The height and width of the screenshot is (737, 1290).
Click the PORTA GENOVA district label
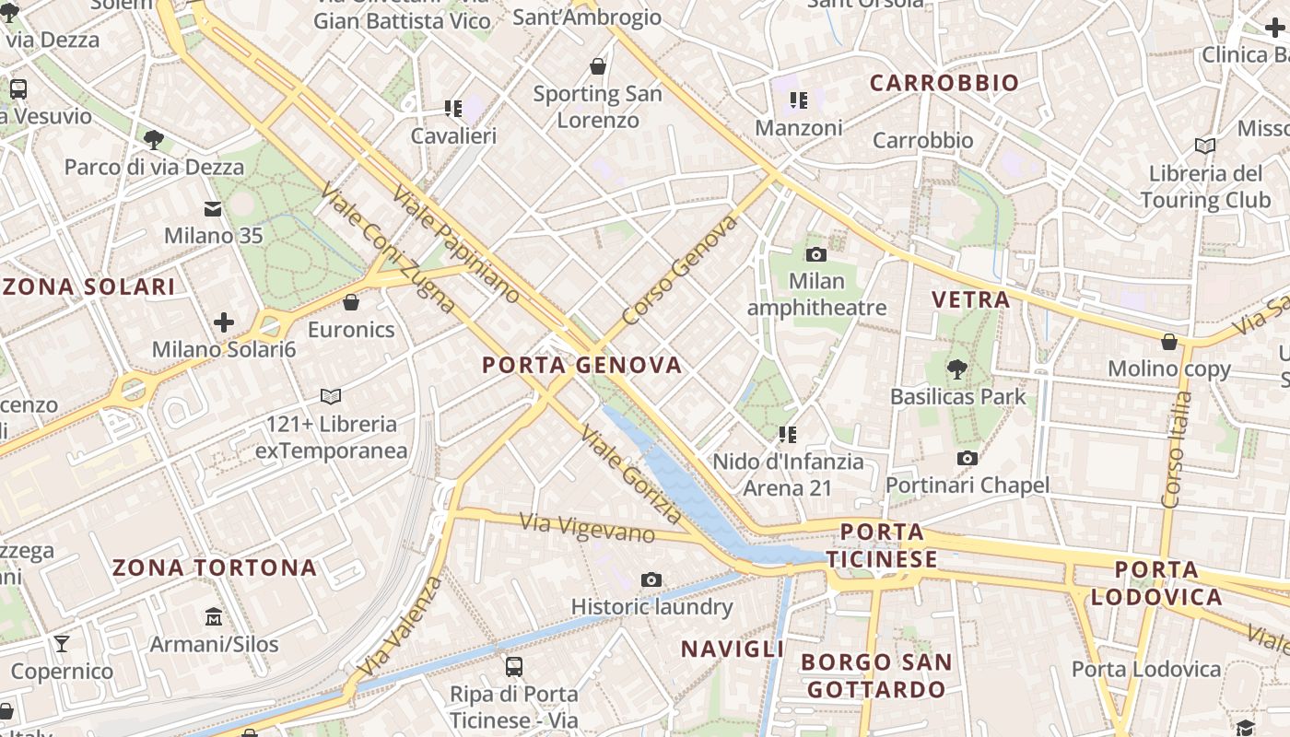click(582, 366)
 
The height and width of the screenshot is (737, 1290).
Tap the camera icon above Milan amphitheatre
click(815, 254)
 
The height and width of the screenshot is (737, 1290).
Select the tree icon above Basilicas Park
click(957, 369)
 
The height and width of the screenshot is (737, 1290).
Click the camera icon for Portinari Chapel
click(967, 458)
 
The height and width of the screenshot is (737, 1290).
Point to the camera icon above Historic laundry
click(651, 579)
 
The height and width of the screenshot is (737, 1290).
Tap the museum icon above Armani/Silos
click(214, 616)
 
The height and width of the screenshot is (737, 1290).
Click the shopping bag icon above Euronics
click(351, 302)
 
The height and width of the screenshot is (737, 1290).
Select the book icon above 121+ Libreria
click(331, 396)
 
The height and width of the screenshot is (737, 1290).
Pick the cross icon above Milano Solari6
click(223, 322)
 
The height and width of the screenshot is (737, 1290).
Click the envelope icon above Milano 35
click(214, 208)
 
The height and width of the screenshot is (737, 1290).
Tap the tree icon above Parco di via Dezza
click(154, 140)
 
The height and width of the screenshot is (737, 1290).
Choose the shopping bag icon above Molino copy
click(1169, 342)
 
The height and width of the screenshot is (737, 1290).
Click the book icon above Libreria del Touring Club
click(1205, 146)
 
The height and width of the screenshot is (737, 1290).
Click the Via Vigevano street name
click(587, 528)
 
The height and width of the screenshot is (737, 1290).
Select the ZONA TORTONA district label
click(215, 567)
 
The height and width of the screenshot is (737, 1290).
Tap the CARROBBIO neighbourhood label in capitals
click(944, 83)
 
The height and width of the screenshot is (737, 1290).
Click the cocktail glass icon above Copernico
click(62, 643)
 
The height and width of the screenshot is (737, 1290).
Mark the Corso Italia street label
click(1177, 450)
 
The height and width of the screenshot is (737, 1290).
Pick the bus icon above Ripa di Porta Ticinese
click(514, 666)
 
